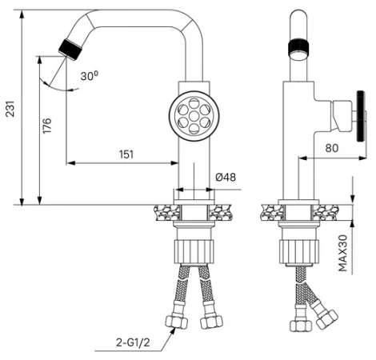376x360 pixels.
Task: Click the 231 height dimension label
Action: (10, 109)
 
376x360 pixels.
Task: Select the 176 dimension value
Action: (47, 126)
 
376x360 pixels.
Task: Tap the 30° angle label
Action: (90, 76)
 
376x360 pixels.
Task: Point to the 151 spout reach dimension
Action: (126, 154)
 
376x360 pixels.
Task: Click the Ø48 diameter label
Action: (226, 177)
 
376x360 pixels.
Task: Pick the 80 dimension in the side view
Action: (332, 148)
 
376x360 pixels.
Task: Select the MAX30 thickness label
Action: (343, 253)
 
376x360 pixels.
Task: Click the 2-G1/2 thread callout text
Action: (133, 342)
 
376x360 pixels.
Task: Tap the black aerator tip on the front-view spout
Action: (70, 50)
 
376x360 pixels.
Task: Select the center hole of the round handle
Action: (194, 116)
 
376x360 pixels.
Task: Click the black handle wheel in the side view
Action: (361, 116)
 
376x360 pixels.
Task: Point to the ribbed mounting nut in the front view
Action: (194, 252)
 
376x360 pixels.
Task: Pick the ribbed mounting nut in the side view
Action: (299, 252)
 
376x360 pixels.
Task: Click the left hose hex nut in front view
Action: (177, 322)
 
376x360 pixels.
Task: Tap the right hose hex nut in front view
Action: (211, 322)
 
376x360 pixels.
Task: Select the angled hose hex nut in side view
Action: (327, 319)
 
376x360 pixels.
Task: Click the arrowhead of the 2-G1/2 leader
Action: (174, 330)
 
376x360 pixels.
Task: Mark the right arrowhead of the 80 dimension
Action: (362, 158)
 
